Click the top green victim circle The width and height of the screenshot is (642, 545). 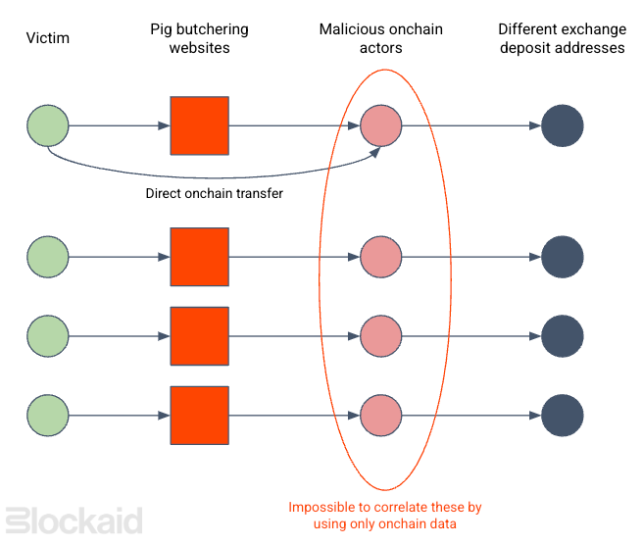tap(48, 125)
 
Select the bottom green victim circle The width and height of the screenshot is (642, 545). tap(48, 415)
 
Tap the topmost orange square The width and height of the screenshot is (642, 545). tap(199, 125)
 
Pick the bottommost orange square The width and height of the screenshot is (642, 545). tap(199, 415)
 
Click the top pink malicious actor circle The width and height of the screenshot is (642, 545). tap(381, 125)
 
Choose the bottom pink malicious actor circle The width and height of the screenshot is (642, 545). tap(381, 415)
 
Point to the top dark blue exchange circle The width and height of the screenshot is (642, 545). tap(563, 125)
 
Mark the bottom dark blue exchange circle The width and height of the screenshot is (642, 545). tap(563, 415)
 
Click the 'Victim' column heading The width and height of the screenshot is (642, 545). tap(48, 38)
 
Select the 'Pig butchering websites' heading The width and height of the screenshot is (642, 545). tap(199, 38)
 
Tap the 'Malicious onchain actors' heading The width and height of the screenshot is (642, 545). tap(381, 38)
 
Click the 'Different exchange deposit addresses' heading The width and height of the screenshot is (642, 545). tap(562, 38)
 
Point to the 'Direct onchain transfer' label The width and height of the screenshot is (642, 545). tap(214, 193)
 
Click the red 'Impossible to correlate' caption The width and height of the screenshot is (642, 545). tap(384, 516)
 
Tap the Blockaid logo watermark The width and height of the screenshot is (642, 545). tap(74, 520)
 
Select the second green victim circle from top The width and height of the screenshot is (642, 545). tap(48, 258)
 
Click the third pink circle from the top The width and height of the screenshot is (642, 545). tap(381, 336)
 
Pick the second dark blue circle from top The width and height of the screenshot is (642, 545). tap(563, 258)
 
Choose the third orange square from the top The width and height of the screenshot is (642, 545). tap(199, 336)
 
